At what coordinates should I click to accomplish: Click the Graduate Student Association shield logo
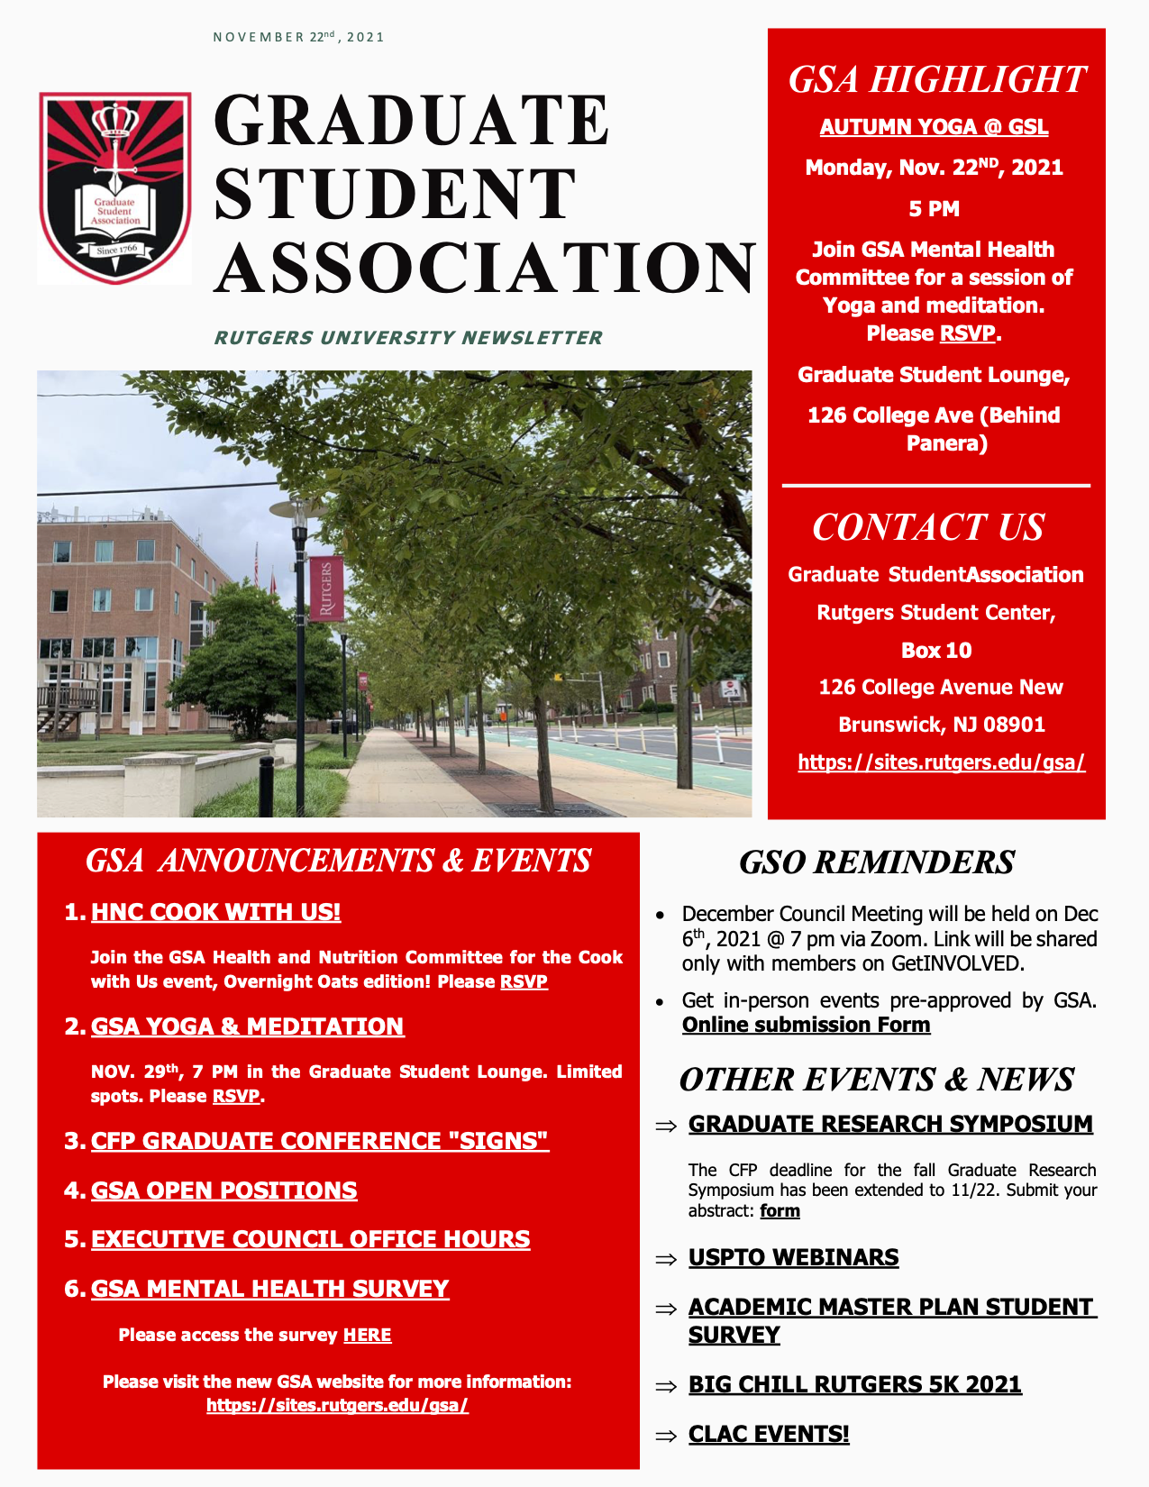(x=114, y=187)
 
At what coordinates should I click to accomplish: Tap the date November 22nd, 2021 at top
(x=298, y=37)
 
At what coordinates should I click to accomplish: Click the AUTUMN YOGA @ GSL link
(x=934, y=127)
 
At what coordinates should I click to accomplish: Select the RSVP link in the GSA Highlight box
(x=967, y=333)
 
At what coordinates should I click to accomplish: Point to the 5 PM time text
(x=934, y=209)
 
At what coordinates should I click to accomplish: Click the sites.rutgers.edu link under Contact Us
(x=941, y=762)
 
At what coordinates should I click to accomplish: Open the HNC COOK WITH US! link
(x=215, y=912)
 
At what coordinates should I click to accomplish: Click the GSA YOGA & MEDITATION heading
(x=247, y=1026)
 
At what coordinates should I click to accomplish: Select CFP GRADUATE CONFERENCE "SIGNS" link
(x=319, y=1141)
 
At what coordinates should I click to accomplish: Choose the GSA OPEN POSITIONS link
(x=223, y=1191)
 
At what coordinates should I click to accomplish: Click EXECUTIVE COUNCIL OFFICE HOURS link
(x=310, y=1239)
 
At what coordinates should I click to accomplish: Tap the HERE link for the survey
(x=367, y=1335)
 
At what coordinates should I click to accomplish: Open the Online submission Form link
(x=806, y=1025)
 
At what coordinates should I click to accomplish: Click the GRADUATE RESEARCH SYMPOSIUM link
(x=890, y=1124)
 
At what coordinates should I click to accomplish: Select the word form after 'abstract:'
(x=780, y=1210)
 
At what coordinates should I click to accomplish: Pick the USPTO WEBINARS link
(x=793, y=1257)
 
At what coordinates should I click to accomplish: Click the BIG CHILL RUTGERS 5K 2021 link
(x=854, y=1384)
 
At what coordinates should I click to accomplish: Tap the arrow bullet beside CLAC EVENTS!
(x=666, y=1436)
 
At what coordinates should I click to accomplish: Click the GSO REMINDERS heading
(x=876, y=862)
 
